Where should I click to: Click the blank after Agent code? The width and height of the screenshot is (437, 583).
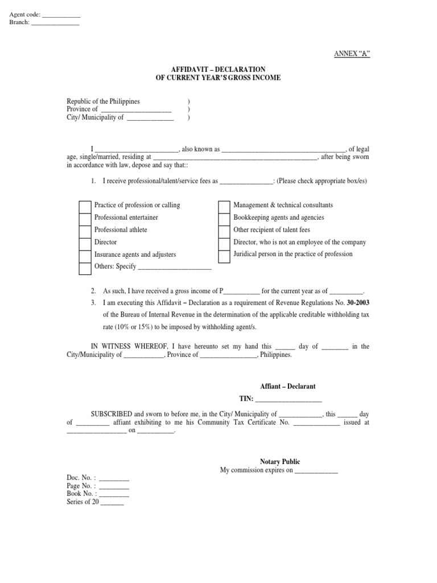pyautogui.click(x=61, y=15)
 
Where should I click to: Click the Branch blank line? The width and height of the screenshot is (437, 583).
pyautogui.click(x=55, y=23)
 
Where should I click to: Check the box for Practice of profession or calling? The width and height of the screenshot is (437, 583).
pyautogui.click(x=84, y=206)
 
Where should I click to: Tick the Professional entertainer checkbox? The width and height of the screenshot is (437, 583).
pyautogui.click(x=84, y=218)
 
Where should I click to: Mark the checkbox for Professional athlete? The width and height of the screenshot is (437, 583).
pyautogui.click(x=84, y=231)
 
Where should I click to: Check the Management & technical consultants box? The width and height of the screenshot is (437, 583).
pyautogui.click(x=224, y=206)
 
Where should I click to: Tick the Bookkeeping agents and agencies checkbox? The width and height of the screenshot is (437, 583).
pyautogui.click(x=224, y=218)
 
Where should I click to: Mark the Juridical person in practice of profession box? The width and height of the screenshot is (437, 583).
pyautogui.click(x=224, y=255)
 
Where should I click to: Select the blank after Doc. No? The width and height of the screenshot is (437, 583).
pyautogui.click(x=114, y=478)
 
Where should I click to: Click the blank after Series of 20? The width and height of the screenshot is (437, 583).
pyautogui.click(x=112, y=502)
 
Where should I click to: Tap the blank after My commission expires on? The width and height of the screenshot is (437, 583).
pyautogui.click(x=316, y=471)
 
